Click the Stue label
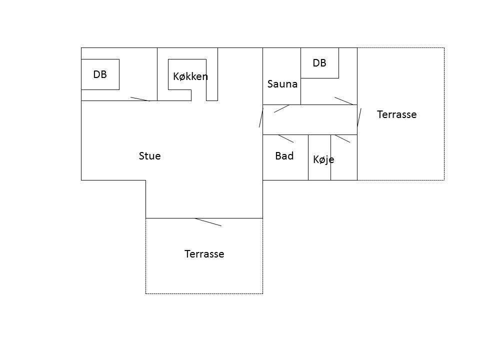coord(149,156)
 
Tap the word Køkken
coord(190,76)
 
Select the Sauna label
coord(282,84)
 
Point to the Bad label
coord(284,156)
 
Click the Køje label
coord(323,159)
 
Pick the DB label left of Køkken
coord(100,74)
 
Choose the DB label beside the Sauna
coord(319,63)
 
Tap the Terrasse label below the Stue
coord(204,254)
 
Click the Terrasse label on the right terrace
coord(396,114)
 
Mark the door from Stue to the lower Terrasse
coord(208,222)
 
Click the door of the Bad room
coord(286,138)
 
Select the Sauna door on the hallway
coord(281,108)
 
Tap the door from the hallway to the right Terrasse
coord(359,117)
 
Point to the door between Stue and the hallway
coord(261,117)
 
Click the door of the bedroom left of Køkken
coord(140,99)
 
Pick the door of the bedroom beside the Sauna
coord(344,101)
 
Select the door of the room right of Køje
coord(342,138)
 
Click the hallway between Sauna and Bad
coord(310,119)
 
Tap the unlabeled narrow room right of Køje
coord(344,157)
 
